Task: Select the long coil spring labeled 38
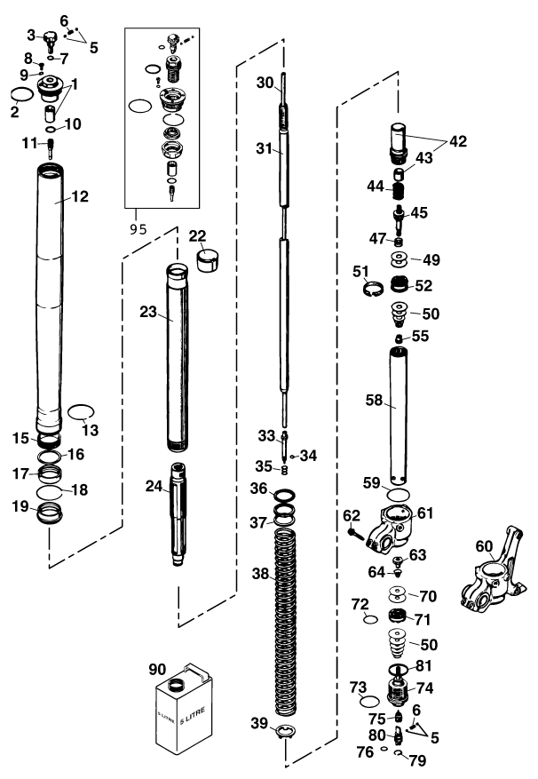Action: [x=284, y=622]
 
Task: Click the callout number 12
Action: [x=80, y=196]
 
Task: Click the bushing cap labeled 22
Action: [x=204, y=262]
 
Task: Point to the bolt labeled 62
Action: [x=356, y=535]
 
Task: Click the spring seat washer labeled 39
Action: [x=284, y=731]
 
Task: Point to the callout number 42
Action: [x=457, y=140]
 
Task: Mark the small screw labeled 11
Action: [x=51, y=146]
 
